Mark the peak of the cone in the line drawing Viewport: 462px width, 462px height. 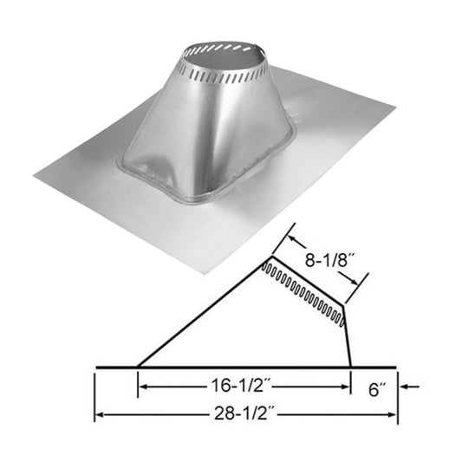pos(264,261)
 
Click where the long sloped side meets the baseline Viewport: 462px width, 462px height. pos(138,367)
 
